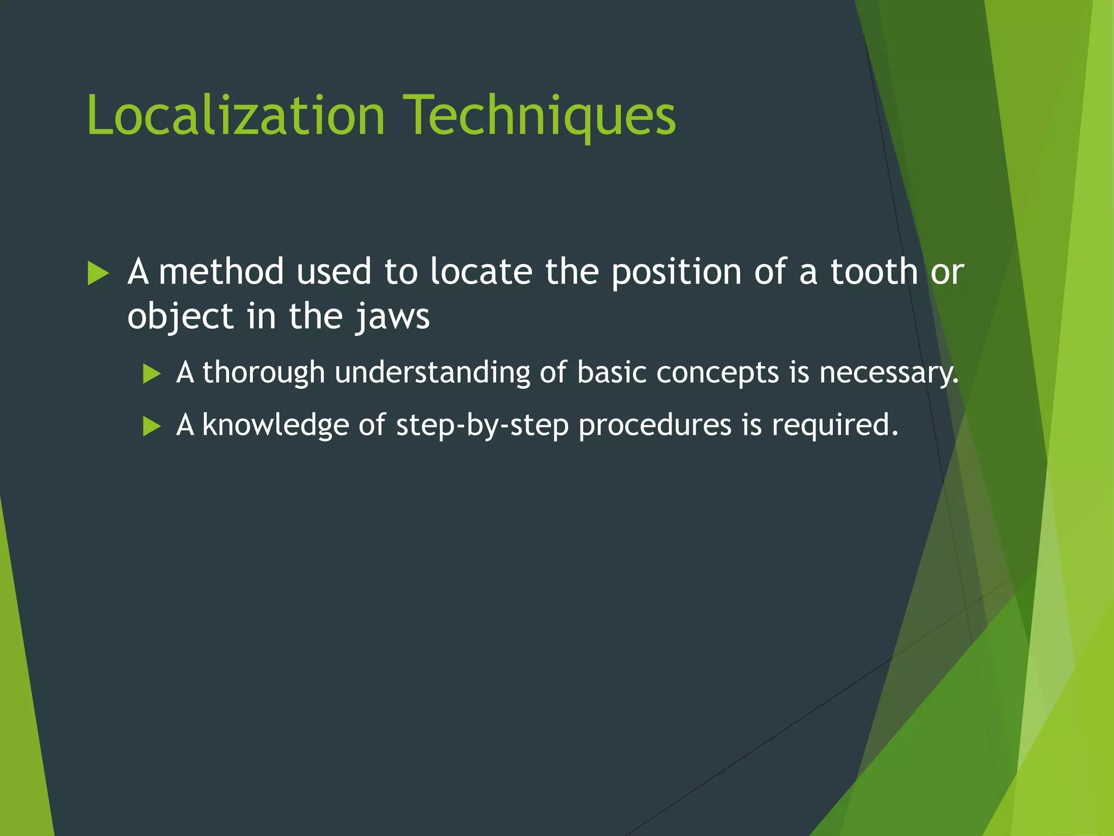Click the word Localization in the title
[x=236, y=115]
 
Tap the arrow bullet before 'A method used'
[x=98, y=273]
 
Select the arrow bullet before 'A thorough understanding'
[x=152, y=374]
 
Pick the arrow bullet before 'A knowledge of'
[x=152, y=426]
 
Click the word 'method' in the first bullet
[x=221, y=272]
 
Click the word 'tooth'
[x=874, y=272]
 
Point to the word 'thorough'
[x=263, y=373]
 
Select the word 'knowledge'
[x=275, y=426]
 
